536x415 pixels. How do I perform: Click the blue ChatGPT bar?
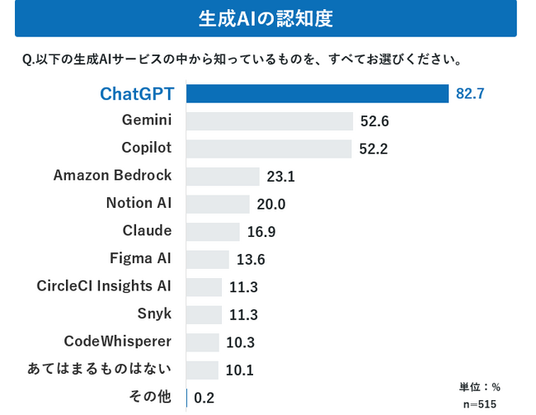coord(317,92)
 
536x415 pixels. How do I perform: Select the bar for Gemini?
coord(270,120)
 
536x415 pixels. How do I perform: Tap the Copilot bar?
coord(269,149)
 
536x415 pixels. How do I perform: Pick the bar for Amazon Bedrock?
coord(223,176)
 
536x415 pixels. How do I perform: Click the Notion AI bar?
coord(218,204)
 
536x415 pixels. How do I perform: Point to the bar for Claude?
coord(213,231)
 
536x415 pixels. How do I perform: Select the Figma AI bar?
coord(208,259)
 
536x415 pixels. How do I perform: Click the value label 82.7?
coord(470,93)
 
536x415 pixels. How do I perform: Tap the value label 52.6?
coord(374,121)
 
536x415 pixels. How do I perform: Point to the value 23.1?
coord(281,177)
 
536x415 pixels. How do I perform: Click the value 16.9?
coord(261,232)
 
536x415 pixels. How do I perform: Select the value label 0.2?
coord(205,398)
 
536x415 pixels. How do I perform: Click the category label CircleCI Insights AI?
coord(104,286)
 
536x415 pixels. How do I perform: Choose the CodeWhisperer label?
coord(118,342)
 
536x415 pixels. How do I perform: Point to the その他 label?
coord(150,397)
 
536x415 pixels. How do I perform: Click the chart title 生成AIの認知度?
coord(266,18)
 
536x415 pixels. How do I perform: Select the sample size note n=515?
coord(480,403)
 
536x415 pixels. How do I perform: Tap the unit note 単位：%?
coord(480,386)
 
